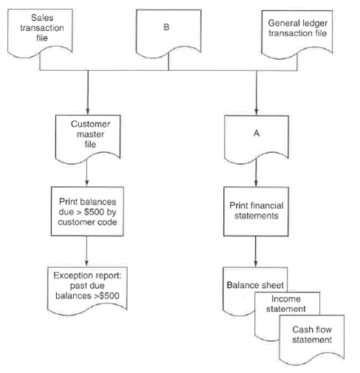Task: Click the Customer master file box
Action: pyautogui.click(x=88, y=134)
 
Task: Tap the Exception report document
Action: pyautogui.click(x=88, y=287)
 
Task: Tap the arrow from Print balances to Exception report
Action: pyautogui.click(x=88, y=251)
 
